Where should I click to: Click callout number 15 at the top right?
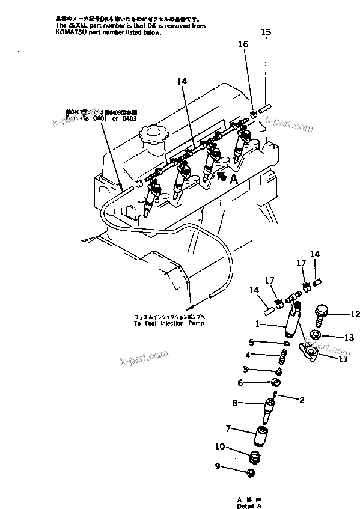[266, 32]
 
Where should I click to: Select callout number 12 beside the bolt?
[355, 313]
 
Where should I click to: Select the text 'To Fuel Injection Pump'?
[169, 323]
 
